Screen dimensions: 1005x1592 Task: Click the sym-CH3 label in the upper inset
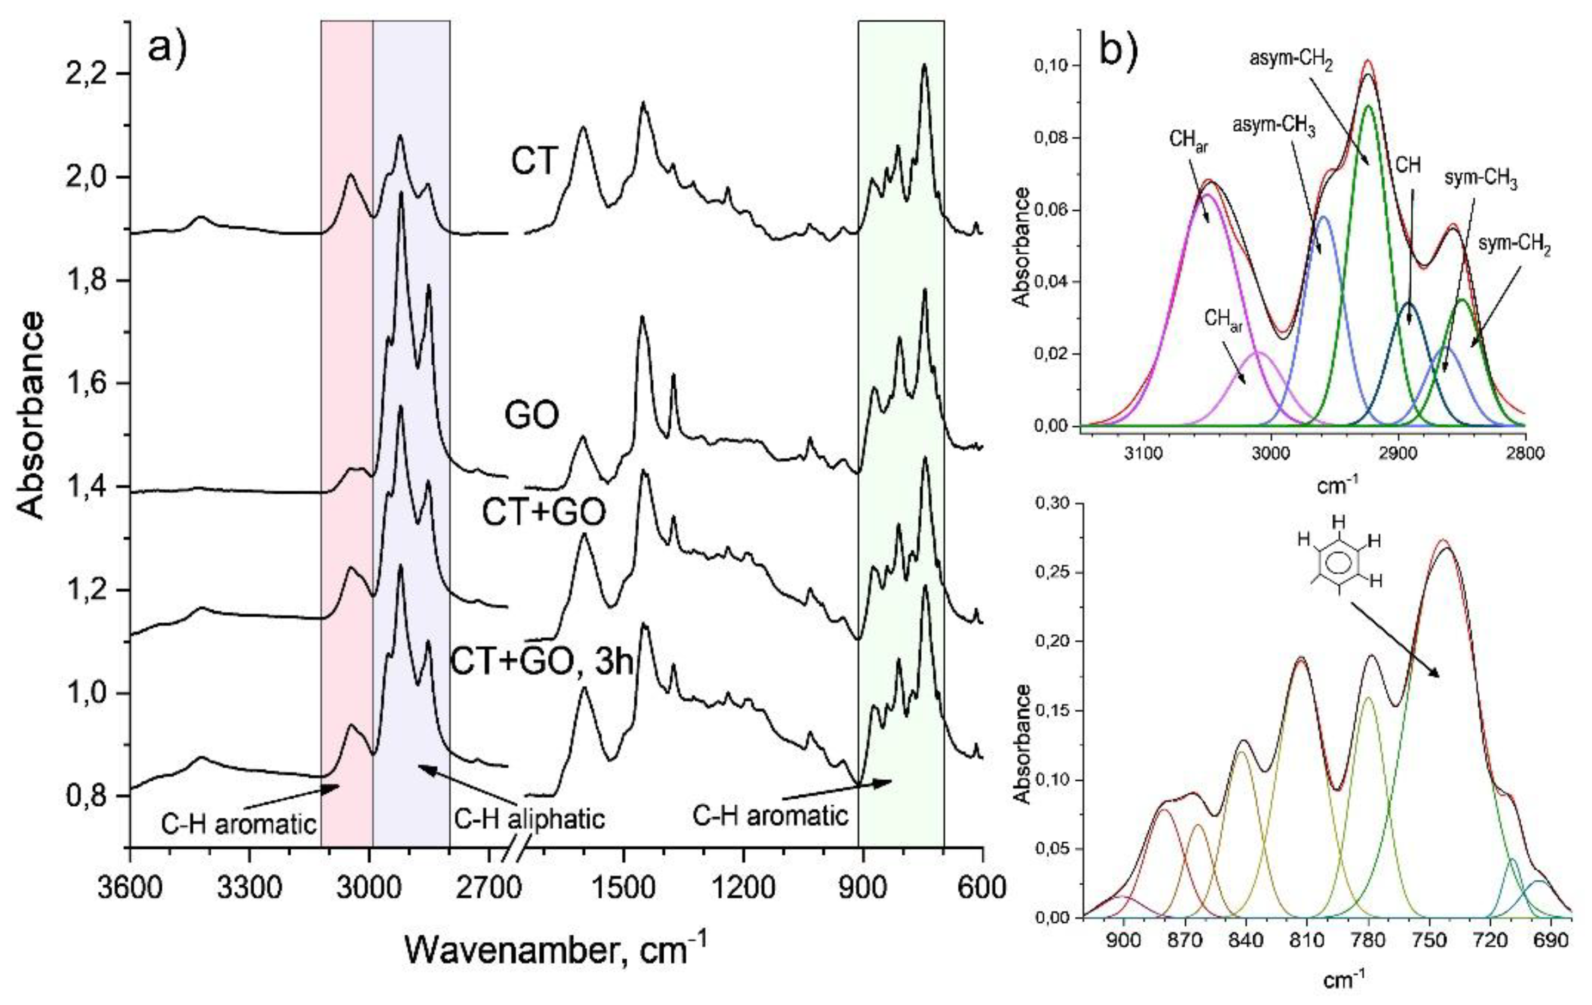pyautogui.click(x=1480, y=180)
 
